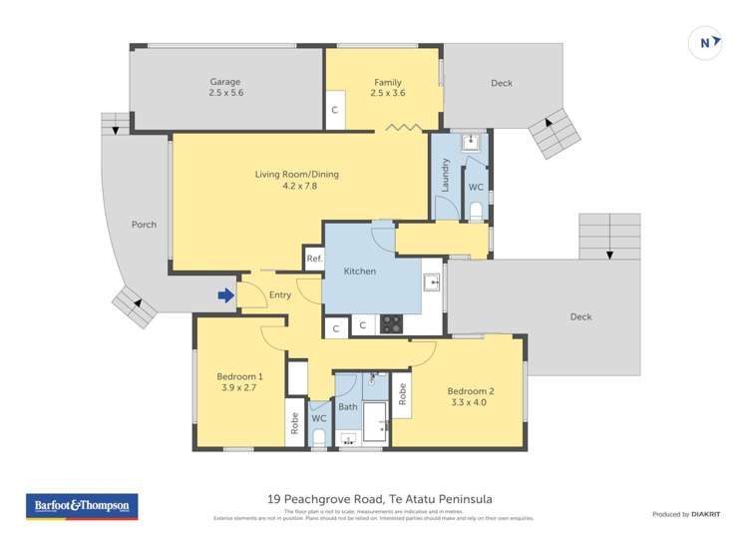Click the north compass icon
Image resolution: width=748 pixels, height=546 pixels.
pos(706,43)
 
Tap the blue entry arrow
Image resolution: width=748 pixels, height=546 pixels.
pos(226,294)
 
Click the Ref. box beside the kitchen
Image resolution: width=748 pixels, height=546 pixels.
pos(314,259)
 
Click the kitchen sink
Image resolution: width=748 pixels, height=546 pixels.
pos(431,282)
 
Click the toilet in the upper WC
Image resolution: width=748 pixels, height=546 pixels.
pos(476,211)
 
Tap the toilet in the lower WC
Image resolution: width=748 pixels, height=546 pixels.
pos(318,436)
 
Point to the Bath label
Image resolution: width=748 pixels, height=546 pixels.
pos(347,407)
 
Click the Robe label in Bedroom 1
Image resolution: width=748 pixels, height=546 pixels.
pos(295,423)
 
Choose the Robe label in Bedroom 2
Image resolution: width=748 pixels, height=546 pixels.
pos(402,393)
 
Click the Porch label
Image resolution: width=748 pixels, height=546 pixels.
pos(144,225)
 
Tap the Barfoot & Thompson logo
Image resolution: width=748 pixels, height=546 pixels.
pos(82,507)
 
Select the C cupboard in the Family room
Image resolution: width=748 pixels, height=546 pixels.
pos(335,110)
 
